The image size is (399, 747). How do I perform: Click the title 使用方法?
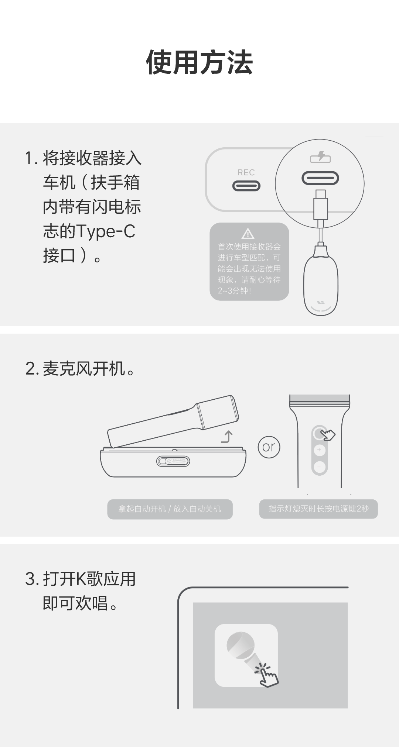(x=199, y=62)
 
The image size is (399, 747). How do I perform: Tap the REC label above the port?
(x=246, y=172)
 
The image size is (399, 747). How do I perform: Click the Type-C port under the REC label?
(x=246, y=186)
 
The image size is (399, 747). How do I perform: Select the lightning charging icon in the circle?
(x=320, y=157)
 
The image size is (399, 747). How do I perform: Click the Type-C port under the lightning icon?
(x=320, y=179)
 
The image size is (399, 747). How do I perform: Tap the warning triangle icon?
(x=248, y=234)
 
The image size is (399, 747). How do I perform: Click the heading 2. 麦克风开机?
(x=80, y=369)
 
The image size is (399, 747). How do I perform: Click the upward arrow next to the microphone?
(x=227, y=437)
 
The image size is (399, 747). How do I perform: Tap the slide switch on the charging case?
(x=173, y=461)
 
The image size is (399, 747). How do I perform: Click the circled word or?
(x=269, y=447)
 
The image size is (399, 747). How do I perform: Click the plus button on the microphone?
(x=319, y=450)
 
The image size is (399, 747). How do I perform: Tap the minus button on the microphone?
(x=319, y=467)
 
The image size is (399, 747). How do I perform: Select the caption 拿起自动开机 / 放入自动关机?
(x=170, y=509)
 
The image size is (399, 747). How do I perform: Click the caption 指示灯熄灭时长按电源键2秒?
(x=318, y=509)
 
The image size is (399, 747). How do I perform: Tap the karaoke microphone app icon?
(x=246, y=655)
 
